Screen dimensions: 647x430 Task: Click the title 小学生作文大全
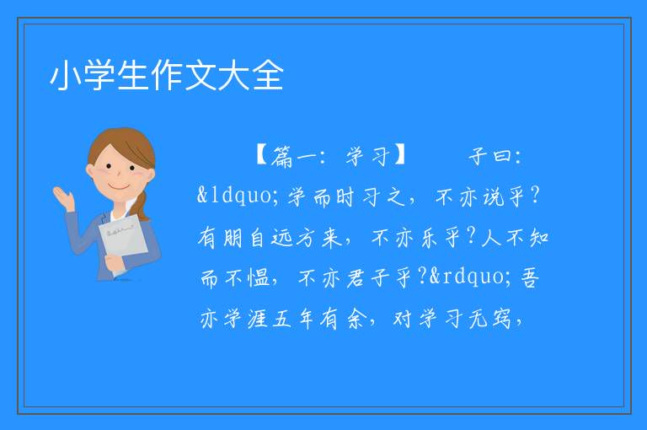click(167, 76)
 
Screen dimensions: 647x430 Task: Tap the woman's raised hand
click(63, 198)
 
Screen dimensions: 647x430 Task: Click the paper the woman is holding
click(121, 242)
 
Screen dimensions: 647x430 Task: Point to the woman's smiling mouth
click(119, 186)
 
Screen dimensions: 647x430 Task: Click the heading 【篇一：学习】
click(331, 156)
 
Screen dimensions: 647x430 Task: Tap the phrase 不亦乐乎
click(415, 238)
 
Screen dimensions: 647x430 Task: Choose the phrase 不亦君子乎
click(355, 277)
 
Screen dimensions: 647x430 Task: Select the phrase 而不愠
click(235, 277)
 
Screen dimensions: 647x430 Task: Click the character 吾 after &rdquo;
click(530, 277)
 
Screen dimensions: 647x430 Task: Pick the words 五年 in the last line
click(293, 319)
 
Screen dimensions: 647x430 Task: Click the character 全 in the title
click(268, 76)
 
